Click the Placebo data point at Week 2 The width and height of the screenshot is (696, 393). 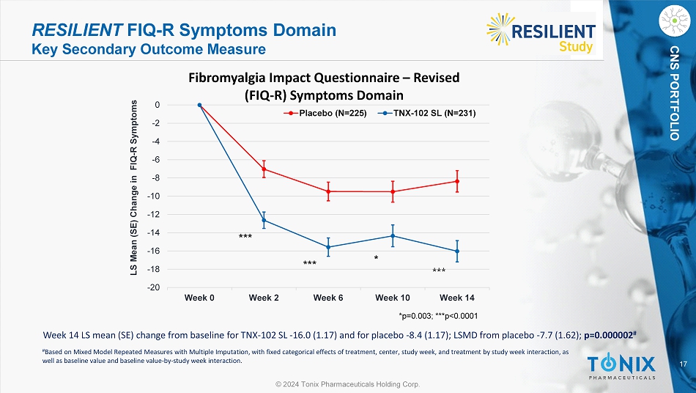click(x=264, y=169)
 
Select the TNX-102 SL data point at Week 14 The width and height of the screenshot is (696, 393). click(x=457, y=251)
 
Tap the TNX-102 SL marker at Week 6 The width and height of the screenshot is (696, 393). click(x=328, y=247)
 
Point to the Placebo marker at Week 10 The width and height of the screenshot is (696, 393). click(x=393, y=192)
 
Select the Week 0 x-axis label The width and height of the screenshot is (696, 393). click(x=199, y=298)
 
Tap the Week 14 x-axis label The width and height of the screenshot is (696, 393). click(x=456, y=298)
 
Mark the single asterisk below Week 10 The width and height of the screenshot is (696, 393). click(x=376, y=259)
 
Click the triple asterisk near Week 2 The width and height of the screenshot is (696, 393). click(x=245, y=237)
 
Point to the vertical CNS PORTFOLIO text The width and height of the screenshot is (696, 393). click(x=675, y=92)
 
